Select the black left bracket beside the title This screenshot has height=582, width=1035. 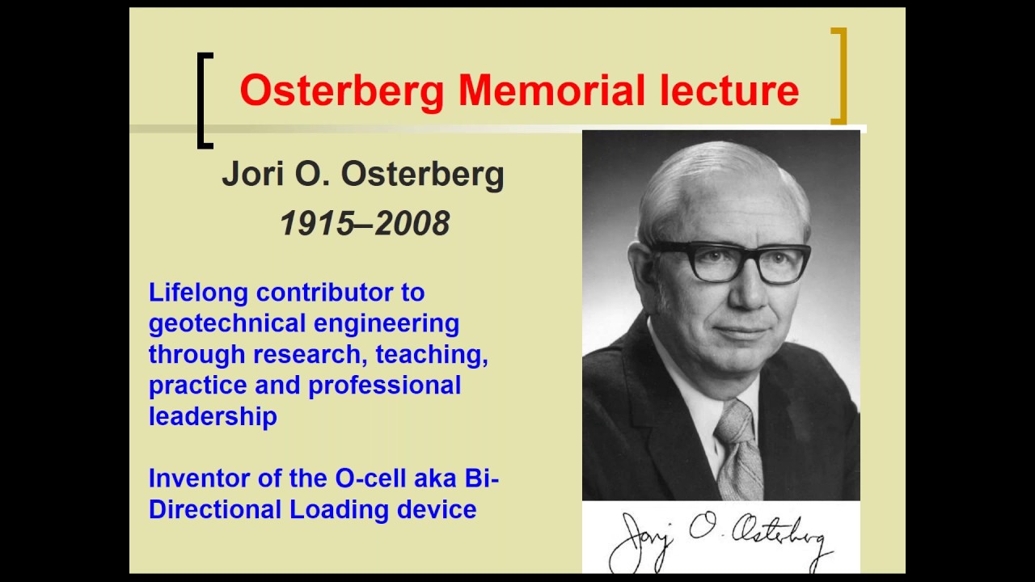[x=204, y=100]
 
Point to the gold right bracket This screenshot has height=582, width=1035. [x=840, y=76]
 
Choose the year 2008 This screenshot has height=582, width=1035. [x=412, y=224]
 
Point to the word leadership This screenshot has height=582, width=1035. [x=213, y=415]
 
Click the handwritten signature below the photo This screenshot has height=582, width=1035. [x=719, y=538]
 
